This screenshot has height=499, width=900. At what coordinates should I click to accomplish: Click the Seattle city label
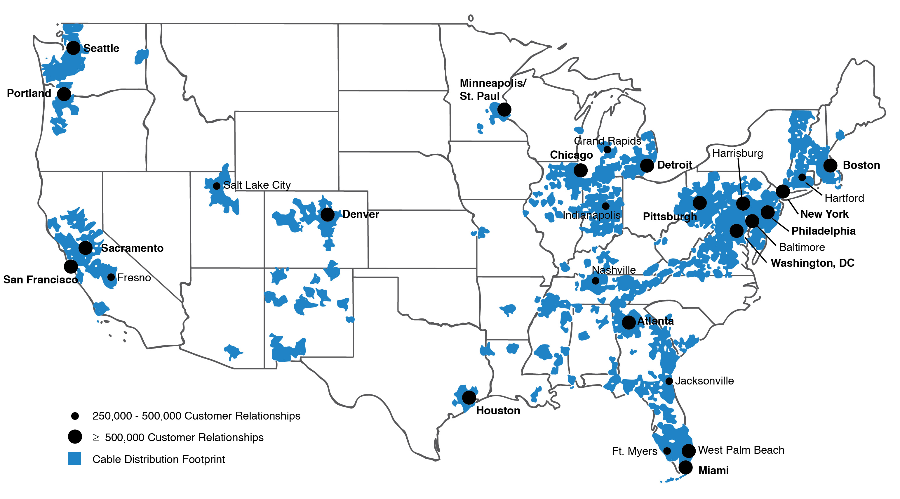(x=101, y=48)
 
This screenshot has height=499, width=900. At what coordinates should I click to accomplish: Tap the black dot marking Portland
(x=64, y=94)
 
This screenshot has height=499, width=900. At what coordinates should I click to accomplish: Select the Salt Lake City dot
(x=217, y=186)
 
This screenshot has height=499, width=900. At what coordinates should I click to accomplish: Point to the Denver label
(x=361, y=214)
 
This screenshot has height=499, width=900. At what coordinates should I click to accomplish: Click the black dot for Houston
(x=469, y=397)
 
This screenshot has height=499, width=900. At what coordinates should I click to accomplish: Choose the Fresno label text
(x=134, y=278)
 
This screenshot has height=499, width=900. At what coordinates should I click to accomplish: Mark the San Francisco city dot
(x=71, y=267)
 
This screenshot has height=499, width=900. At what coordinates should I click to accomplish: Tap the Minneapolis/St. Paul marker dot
(x=504, y=110)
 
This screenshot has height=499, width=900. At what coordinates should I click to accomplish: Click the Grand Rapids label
(x=607, y=141)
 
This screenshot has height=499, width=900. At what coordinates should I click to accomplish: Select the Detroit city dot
(x=647, y=165)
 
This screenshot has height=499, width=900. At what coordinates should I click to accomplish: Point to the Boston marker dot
(x=830, y=165)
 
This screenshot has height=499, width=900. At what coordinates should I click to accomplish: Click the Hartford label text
(x=844, y=198)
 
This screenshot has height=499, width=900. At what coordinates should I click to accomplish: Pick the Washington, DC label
(x=812, y=263)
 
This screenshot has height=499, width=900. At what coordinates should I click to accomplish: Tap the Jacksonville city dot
(x=669, y=381)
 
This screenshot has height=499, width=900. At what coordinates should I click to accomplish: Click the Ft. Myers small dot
(x=667, y=451)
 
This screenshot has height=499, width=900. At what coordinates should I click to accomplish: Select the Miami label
(x=713, y=471)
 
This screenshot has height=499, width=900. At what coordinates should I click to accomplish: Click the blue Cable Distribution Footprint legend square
(x=74, y=459)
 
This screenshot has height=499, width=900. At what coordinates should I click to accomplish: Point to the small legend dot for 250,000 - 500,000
(x=75, y=416)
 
